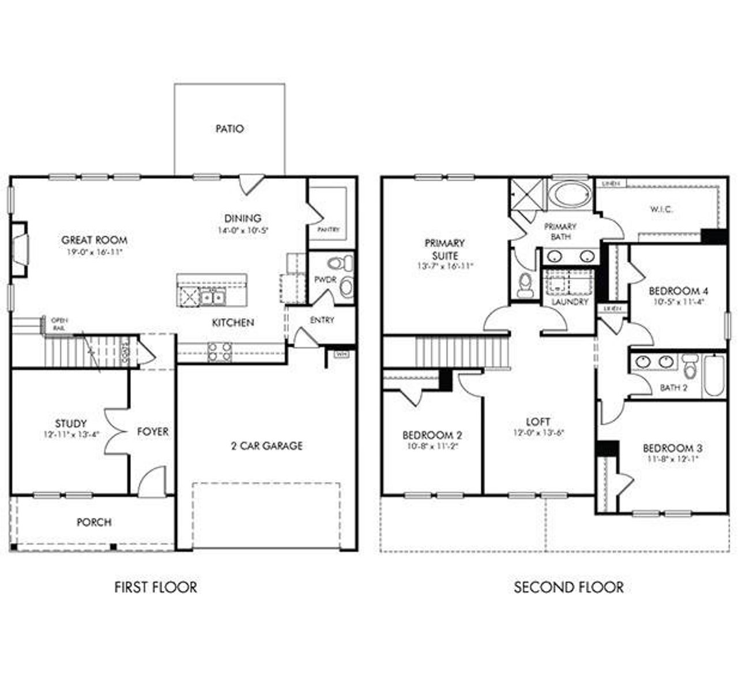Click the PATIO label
[x=229, y=129]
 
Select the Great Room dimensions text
[x=94, y=253]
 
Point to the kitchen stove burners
[x=219, y=352]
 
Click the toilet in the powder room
[x=340, y=264]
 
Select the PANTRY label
[x=328, y=230]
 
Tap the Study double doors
[x=115, y=431]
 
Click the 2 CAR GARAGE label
[x=266, y=446]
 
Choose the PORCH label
[x=94, y=522]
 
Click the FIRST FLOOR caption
[x=156, y=588]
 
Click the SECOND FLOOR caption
[x=568, y=588]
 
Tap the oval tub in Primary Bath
[x=568, y=194]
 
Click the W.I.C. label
[x=661, y=209]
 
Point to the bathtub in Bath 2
[x=714, y=375]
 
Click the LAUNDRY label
[x=570, y=302]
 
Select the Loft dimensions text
[x=537, y=433]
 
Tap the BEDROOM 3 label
[x=672, y=448]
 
